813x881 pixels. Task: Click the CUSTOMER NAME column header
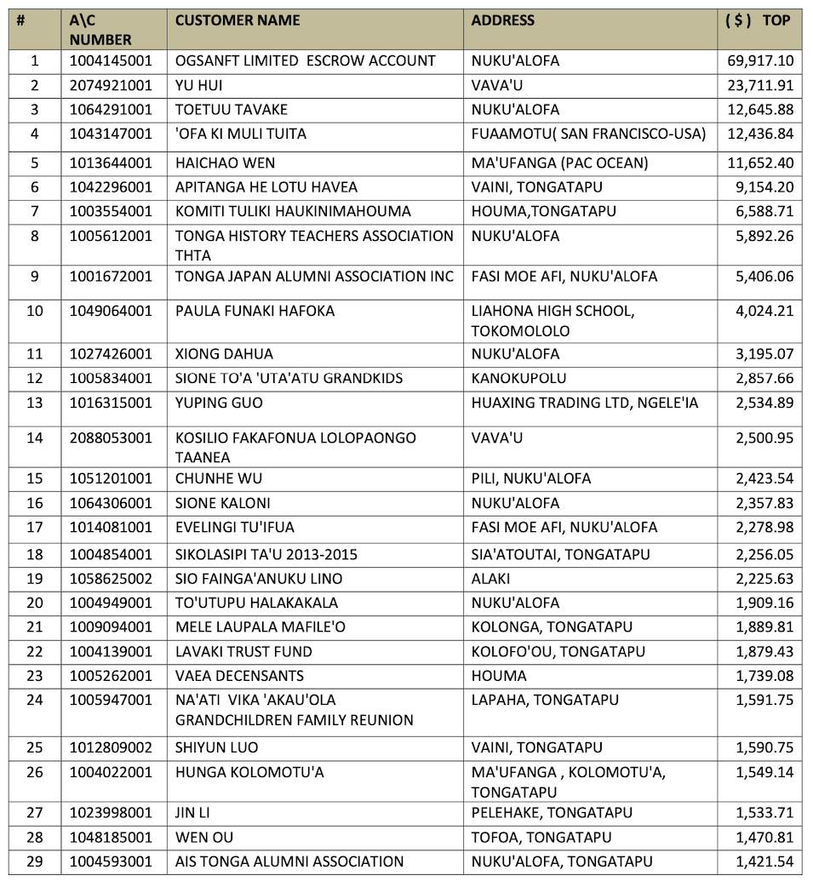click(238, 20)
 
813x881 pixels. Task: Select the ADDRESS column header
click(503, 20)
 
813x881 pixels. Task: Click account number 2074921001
click(111, 85)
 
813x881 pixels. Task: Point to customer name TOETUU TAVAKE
click(232, 110)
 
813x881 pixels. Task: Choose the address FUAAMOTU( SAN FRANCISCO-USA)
click(588, 134)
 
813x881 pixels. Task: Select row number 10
click(35, 311)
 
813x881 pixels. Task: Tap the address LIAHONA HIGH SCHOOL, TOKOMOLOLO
click(552, 320)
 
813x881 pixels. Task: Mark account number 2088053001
click(111, 438)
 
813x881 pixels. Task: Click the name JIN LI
click(193, 813)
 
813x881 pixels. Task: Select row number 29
click(35, 861)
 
